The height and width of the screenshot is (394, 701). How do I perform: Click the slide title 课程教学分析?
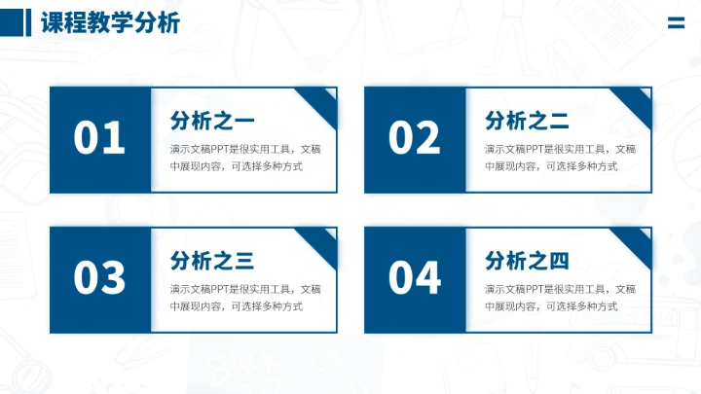pyautogui.click(x=110, y=23)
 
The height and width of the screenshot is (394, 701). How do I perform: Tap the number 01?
pyautogui.click(x=99, y=139)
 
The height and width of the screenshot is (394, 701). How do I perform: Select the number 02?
pyautogui.click(x=415, y=139)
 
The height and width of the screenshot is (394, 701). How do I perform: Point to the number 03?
pyautogui.click(x=99, y=279)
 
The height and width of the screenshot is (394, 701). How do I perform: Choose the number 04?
pyautogui.click(x=415, y=279)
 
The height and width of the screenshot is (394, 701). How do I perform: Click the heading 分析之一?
pyautogui.click(x=212, y=121)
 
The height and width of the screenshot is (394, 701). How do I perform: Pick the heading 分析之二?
pyautogui.click(x=527, y=121)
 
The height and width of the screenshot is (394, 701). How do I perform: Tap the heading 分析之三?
pyautogui.click(x=212, y=261)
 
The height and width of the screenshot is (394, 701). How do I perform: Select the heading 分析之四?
pyautogui.click(x=527, y=261)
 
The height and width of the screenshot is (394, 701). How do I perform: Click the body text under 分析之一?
pyautogui.click(x=244, y=158)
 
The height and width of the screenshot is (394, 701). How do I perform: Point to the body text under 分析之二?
pyautogui.click(x=560, y=158)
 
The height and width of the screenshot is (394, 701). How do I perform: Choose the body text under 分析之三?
pyautogui.click(x=244, y=298)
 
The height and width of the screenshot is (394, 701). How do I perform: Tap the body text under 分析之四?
pyautogui.click(x=560, y=298)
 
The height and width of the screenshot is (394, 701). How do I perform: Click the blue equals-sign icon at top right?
pyautogui.click(x=676, y=24)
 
